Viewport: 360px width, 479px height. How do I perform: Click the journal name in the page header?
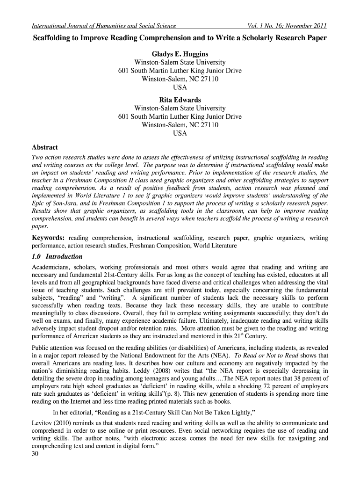[103, 26]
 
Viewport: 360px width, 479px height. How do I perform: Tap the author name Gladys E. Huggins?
[180, 54]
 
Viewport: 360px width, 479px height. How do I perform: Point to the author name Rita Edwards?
[180, 100]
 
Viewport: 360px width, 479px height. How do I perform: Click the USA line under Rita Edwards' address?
[180, 133]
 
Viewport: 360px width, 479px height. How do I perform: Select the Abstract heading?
[44, 147]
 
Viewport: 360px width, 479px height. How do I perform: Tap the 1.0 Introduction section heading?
[57, 256]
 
